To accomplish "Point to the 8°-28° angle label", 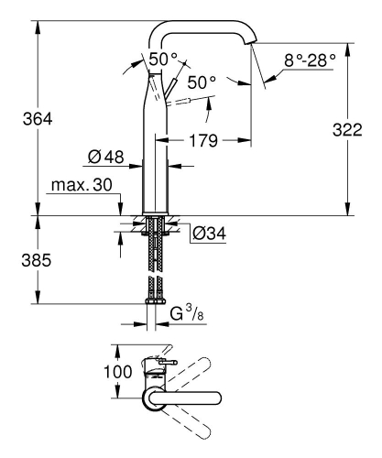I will pos(309,59).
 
